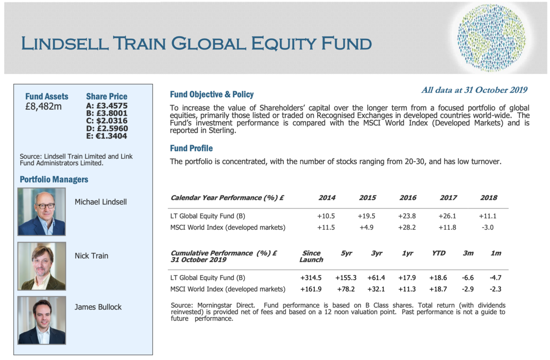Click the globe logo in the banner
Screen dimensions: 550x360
(x=491, y=38)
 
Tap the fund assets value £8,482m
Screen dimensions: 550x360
(x=44, y=107)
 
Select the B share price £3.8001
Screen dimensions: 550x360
(x=107, y=113)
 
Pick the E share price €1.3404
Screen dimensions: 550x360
(x=106, y=136)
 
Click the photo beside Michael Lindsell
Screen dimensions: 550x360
(x=42, y=211)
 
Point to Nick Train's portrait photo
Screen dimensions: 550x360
(x=42, y=266)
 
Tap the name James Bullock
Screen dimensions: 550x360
(x=98, y=307)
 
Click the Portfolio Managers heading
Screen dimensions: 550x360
(x=54, y=179)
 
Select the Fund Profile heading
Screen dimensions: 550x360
(x=191, y=148)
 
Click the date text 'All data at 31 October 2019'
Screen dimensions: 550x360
(x=474, y=90)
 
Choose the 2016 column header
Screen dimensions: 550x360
(x=408, y=198)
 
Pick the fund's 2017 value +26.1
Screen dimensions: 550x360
(x=447, y=216)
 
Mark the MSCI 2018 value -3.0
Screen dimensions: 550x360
(x=488, y=227)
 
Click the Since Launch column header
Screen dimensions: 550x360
(x=311, y=256)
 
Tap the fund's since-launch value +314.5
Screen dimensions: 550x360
(x=311, y=277)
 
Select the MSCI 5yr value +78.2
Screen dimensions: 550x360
(x=346, y=289)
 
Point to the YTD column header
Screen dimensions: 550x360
(x=439, y=253)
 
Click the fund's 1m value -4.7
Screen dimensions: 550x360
(x=495, y=277)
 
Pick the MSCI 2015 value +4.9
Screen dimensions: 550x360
(x=366, y=227)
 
